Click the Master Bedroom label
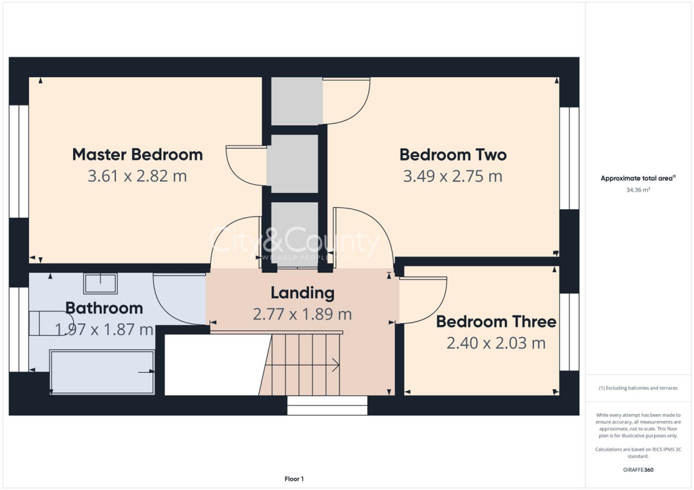tap(138, 154)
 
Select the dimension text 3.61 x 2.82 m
tap(138, 177)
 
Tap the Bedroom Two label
tap(453, 154)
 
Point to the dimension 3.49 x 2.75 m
tap(453, 177)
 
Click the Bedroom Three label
tap(495, 321)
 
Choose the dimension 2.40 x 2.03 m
tap(495, 344)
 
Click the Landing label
tap(302, 293)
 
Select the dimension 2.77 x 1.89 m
tap(302, 315)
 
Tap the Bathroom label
tap(104, 309)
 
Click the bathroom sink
tap(100, 283)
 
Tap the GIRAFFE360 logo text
tap(638, 469)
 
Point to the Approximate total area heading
tap(637, 179)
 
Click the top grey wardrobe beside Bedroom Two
tap(297, 101)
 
